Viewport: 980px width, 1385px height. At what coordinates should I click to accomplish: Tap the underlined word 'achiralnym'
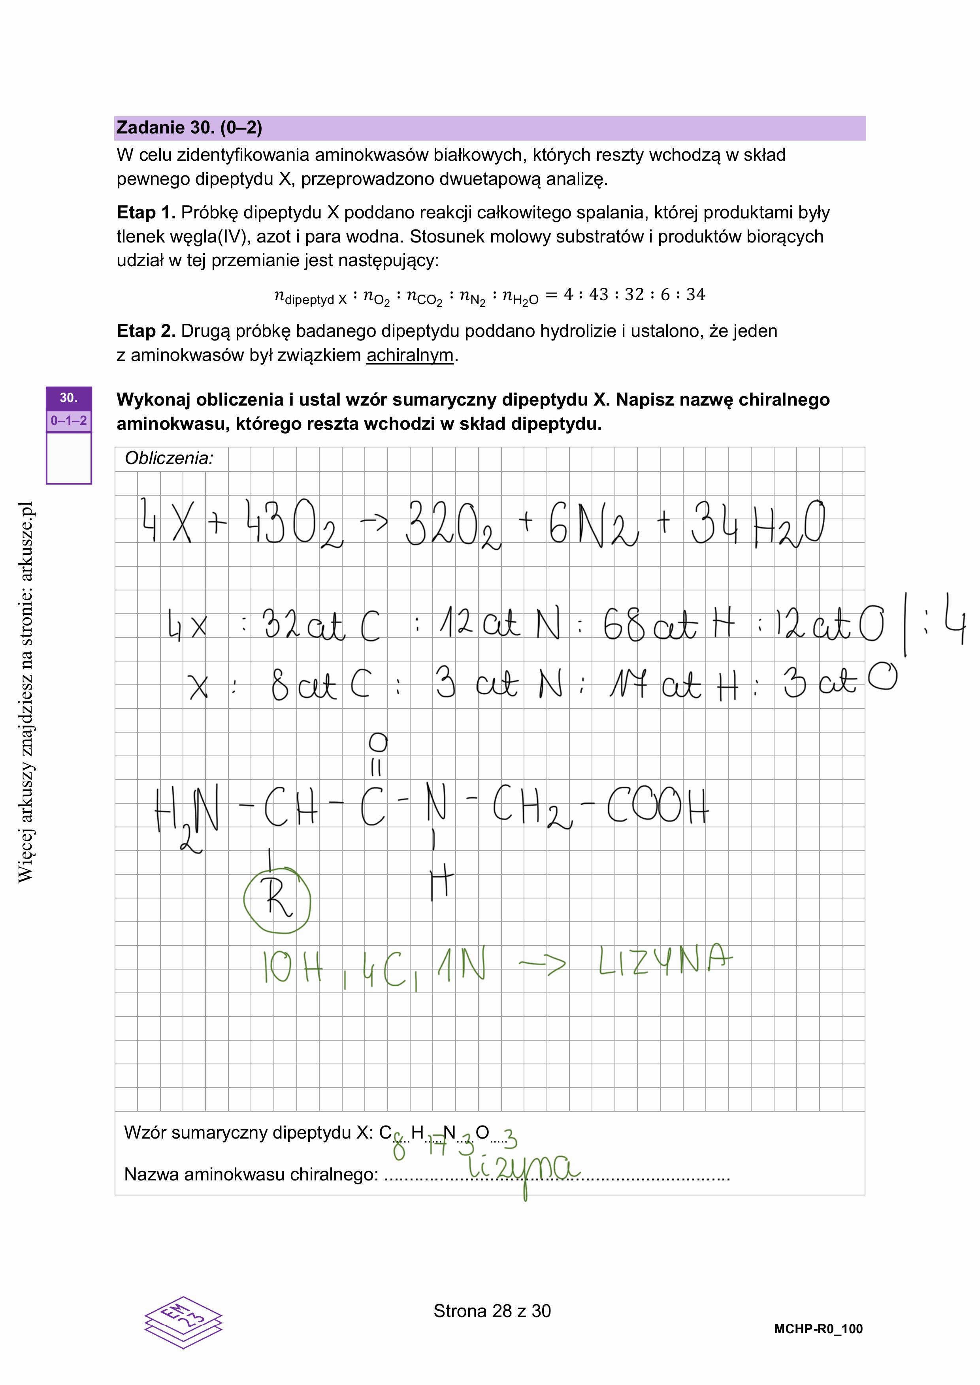click(x=410, y=355)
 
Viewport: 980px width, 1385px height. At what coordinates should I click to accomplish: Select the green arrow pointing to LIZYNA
click(x=542, y=964)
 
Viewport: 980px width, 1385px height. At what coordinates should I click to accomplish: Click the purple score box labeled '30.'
click(x=69, y=398)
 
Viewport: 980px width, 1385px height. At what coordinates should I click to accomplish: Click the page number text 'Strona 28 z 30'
click(x=492, y=1311)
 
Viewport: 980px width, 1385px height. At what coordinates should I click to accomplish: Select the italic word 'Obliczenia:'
click(x=169, y=459)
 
